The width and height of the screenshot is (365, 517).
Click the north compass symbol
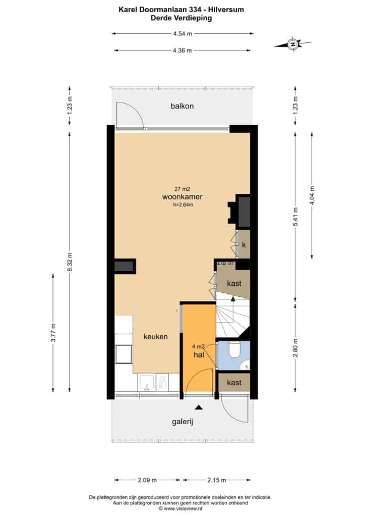coord(292,43)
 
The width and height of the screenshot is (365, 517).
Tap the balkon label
coord(182,106)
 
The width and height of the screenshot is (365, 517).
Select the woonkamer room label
coord(182,197)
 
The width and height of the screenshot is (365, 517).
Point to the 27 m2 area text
coord(182,189)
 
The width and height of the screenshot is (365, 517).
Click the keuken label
coord(156,337)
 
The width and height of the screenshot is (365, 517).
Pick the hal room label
coord(199,355)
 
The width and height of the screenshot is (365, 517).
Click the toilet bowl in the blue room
coord(234,350)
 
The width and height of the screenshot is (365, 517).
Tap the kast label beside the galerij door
coord(234,383)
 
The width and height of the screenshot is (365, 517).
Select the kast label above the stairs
coord(234,283)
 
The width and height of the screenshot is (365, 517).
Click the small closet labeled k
coord(244,244)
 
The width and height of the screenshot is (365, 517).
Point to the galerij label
coord(182,422)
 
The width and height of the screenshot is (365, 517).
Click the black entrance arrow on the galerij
coord(198,407)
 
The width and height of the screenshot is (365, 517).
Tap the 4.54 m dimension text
coord(182,33)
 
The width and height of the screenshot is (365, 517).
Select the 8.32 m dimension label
coord(70,262)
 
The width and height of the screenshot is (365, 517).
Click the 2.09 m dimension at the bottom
coord(147,480)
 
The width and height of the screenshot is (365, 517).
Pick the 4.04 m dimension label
coord(312,195)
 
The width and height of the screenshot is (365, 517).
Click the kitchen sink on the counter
coord(146,383)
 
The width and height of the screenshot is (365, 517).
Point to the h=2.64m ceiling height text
coord(183,204)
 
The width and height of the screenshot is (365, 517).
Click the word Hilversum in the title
coord(226,10)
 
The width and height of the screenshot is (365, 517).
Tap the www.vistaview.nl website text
coord(183,508)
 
